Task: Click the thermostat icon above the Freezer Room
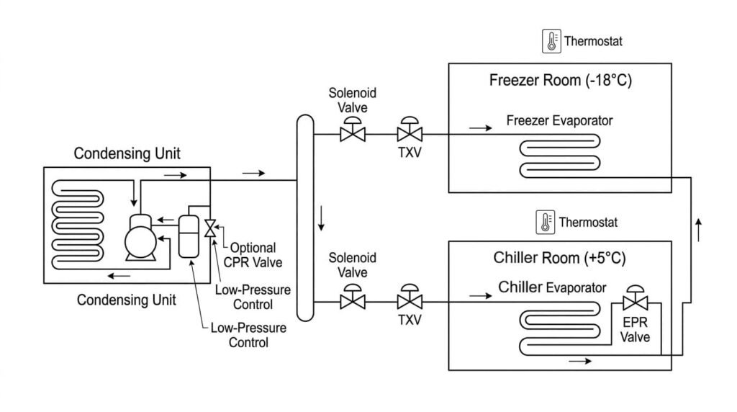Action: coord(551,41)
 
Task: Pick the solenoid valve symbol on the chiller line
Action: coord(353,300)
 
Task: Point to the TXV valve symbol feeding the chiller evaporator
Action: coord(410,300)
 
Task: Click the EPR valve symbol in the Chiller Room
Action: coord(636,300)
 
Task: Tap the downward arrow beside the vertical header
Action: coord(321,218)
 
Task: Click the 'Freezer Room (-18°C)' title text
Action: coord(560,80)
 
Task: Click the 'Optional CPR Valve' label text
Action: coord(251,254)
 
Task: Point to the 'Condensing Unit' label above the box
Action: coord(127,153)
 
